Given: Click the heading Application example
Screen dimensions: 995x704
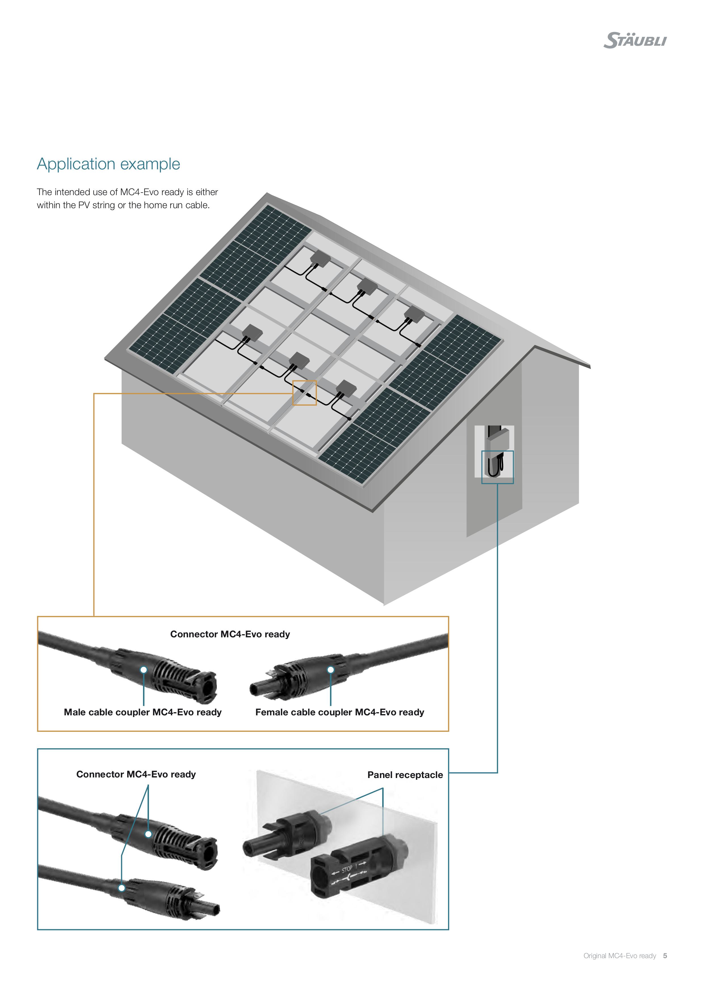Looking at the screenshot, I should pos(108,164).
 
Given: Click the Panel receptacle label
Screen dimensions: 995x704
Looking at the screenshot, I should pos(405,775).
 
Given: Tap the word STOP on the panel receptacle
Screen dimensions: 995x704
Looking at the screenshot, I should pos(347,869).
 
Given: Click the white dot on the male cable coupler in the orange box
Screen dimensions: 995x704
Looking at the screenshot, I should pos(144,670).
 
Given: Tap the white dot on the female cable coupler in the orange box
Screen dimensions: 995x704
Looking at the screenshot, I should pos(331,670).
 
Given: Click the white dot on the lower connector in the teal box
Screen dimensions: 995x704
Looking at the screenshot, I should pos(122,888).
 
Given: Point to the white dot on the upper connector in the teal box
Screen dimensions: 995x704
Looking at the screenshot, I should pos(148,834).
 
